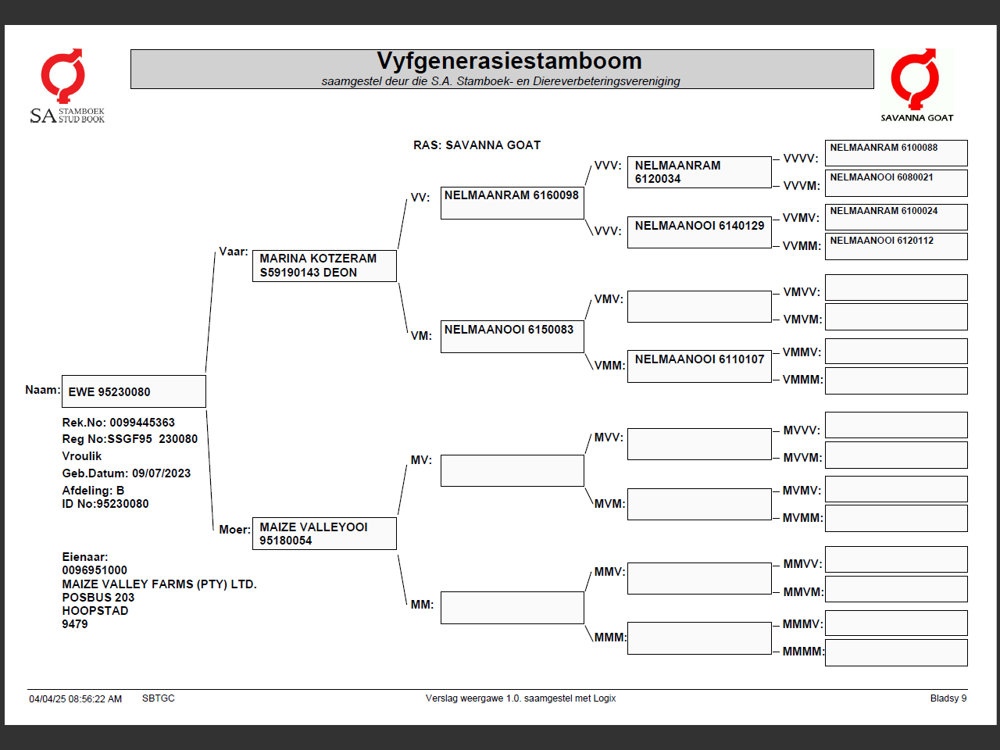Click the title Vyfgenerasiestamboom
tap(509, 61)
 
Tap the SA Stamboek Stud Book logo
tap(66, 87)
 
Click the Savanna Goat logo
tap(916, 86)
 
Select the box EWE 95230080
tap(134, 391)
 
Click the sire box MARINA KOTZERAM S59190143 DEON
tap(324, 266)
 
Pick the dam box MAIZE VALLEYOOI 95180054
tap(324, 534)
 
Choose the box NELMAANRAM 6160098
tap(512, 202)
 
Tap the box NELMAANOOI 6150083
tap(512, 337)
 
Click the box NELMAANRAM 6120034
tap(699, 172)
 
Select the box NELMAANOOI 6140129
tap(699, 232)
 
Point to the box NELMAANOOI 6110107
tap(699, 366)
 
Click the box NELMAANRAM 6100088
tap(896, 152)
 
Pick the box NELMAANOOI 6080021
tap(896, 182)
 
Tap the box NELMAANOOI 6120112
tap(896, 246)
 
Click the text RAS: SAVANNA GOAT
tap(477, 145)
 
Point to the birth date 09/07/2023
tap(161, 473)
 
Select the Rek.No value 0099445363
tap(142, 423)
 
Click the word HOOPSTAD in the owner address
tap(95, 611)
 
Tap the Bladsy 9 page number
tap(948, 698)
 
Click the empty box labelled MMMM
tap(896, 652)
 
